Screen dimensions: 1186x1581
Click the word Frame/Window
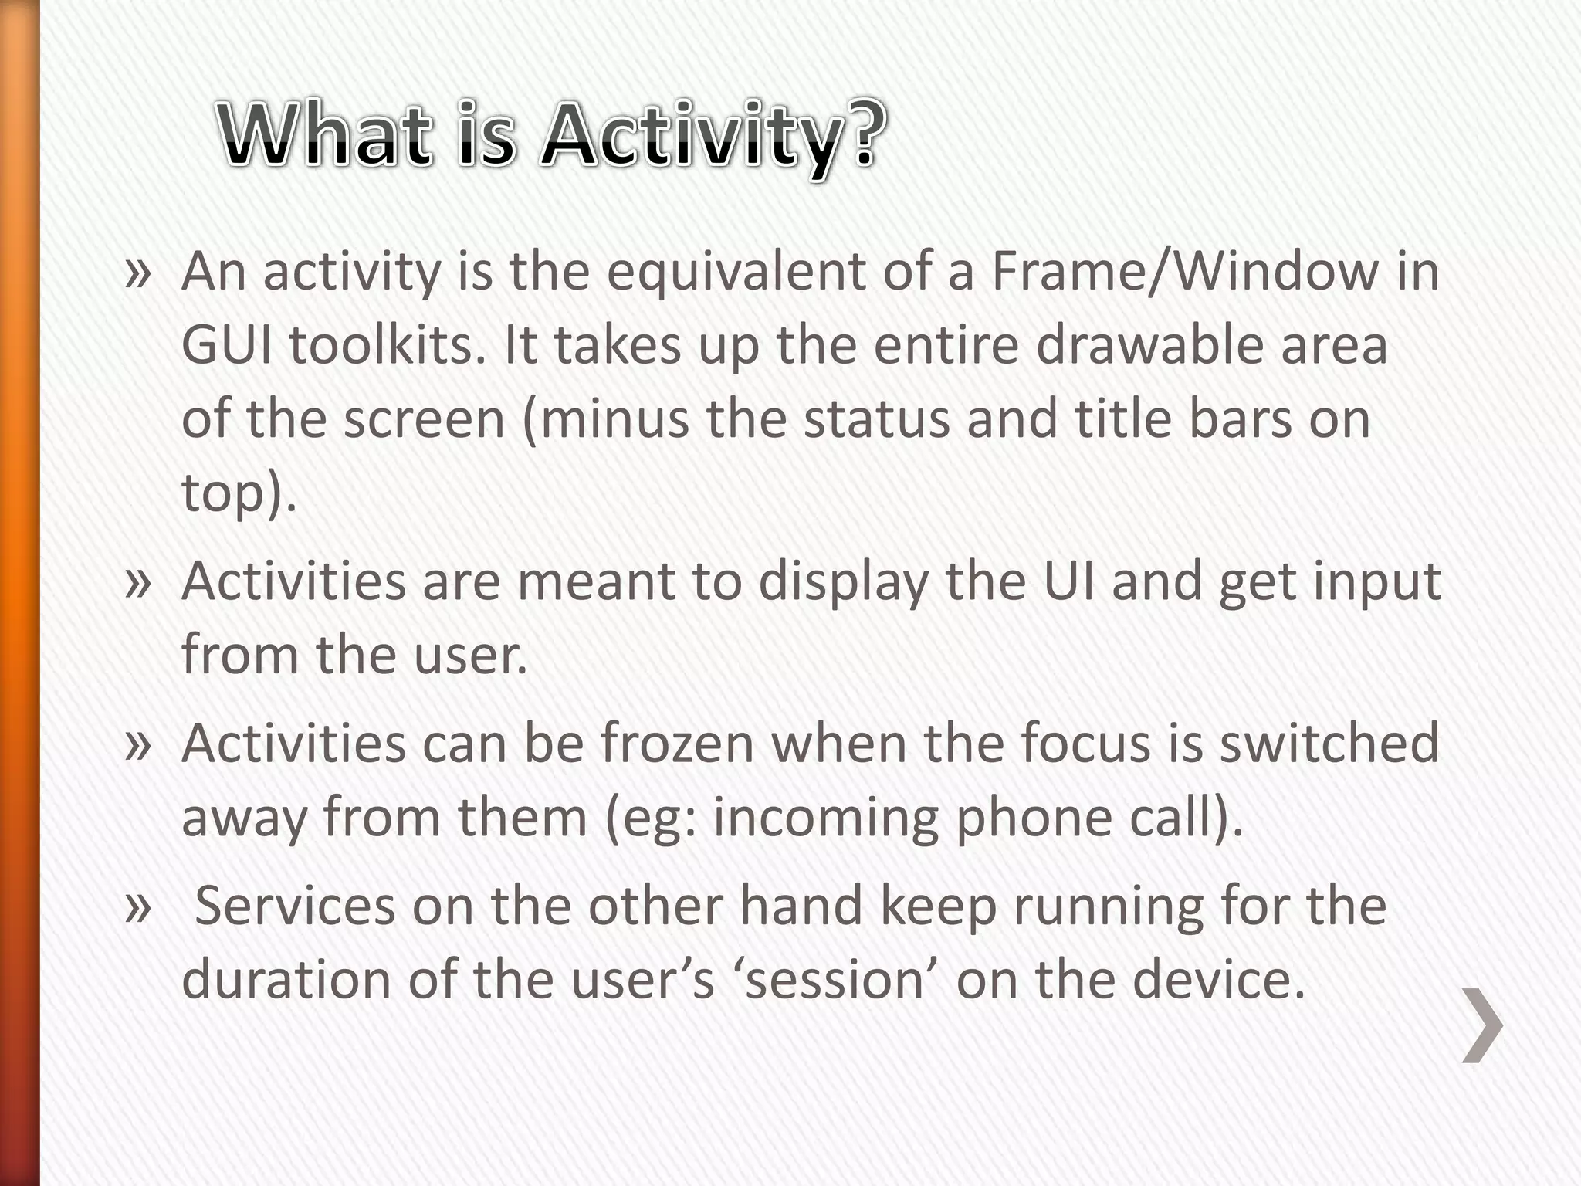(1184, 272)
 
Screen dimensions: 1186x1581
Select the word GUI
(227, 345)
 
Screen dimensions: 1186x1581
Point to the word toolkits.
(386, 345)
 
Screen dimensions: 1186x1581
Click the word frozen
(677, 744)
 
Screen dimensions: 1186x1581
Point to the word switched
(1329, 744)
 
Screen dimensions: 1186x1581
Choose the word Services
(294, 906)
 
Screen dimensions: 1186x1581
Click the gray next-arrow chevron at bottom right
(1482, 1025)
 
